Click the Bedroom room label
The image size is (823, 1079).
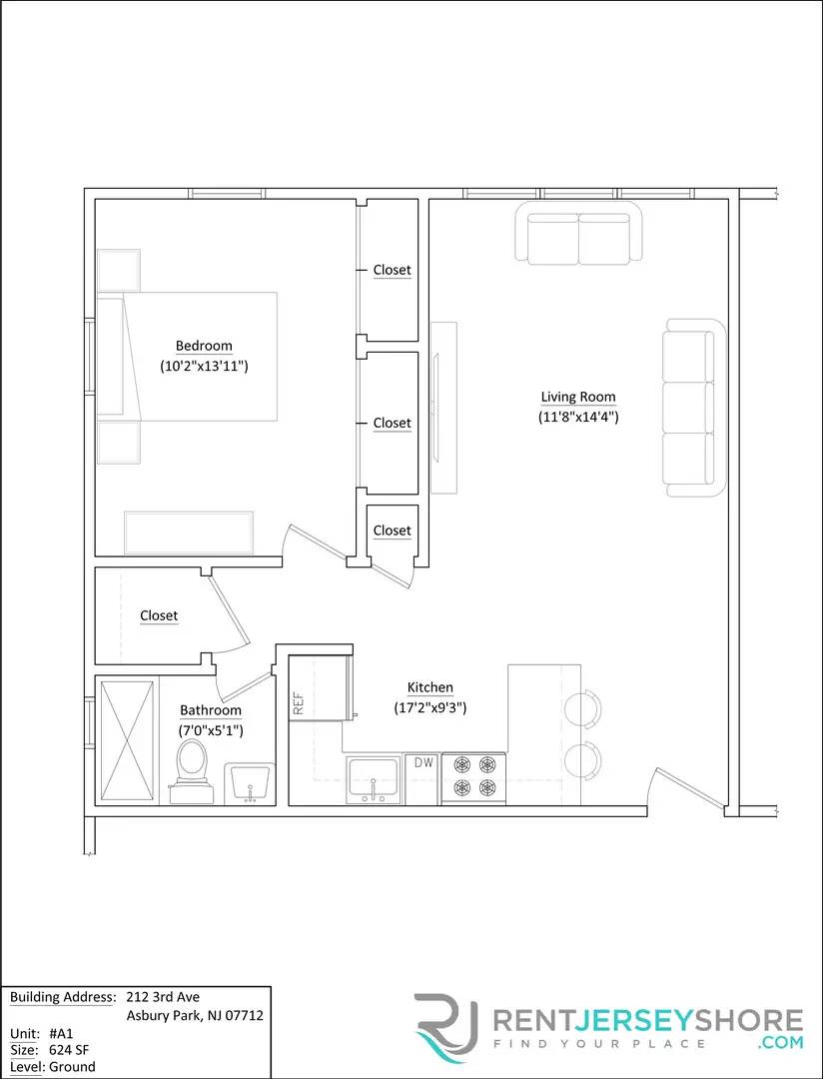tap(204, 347)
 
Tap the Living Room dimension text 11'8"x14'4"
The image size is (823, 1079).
tap(578, 417)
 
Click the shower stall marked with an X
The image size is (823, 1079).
tap(127, 740)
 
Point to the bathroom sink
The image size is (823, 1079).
tap(250, 782)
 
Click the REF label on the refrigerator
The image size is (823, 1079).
tap(299, 703)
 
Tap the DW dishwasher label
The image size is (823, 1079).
tap(424, 762)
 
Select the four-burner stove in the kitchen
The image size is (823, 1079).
tap(473, 776)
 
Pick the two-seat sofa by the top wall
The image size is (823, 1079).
tap(578, 235)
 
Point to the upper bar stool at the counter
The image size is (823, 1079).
tap(583, 708)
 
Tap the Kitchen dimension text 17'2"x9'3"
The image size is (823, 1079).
tap(430, 707)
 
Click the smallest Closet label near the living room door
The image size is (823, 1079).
tap(392, 531)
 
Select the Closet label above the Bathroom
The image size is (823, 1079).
tap(159, 616)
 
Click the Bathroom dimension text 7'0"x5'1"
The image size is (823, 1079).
tap(211, 730)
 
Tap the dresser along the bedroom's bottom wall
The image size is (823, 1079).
tap(188, 532)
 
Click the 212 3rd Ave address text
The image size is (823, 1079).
tap(163, 997)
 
